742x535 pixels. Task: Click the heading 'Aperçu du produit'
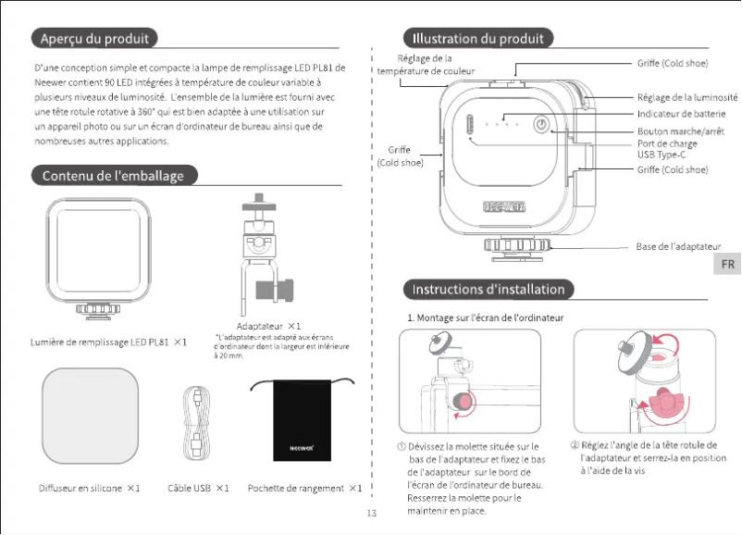point(93,38)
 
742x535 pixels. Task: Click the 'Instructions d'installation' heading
point(488,290)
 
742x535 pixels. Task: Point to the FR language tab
point(728,264)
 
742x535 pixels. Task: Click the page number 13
point(372,513)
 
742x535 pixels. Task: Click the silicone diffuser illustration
point(92,414)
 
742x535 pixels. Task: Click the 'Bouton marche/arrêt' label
point(680,131)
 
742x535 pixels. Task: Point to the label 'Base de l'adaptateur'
point(678,247)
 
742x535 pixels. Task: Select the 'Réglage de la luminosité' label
point(686,97)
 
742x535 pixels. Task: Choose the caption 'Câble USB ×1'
point(198,488)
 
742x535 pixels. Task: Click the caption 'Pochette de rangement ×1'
point(304,488)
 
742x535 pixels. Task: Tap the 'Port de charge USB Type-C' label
point(667,150)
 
